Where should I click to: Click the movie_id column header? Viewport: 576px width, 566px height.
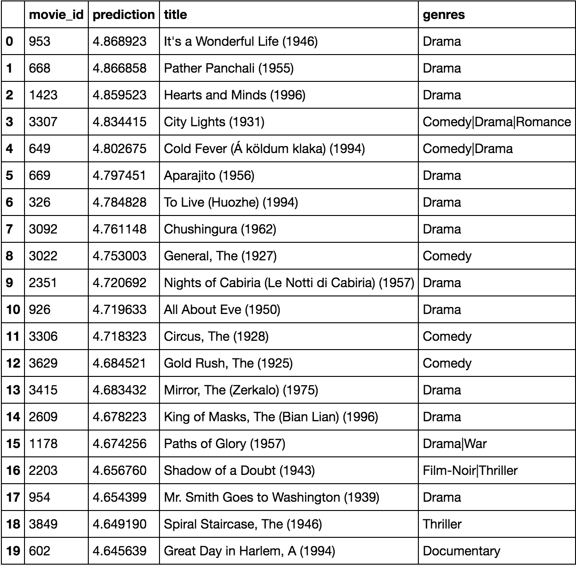point(56,14)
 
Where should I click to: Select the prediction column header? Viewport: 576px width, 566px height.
point(123,14)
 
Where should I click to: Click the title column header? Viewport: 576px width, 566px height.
point(176,14)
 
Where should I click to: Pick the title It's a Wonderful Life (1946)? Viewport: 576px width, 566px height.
point(240,42)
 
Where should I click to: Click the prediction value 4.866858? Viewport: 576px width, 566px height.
point(120,68)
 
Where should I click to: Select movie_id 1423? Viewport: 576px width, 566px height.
point(43,95)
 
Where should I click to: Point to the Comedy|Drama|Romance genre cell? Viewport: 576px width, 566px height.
point(496,122)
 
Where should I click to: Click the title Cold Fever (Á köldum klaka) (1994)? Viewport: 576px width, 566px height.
point(264,149)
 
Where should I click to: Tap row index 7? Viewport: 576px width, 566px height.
point(10,229)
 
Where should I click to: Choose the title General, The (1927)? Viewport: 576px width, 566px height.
point(220,256)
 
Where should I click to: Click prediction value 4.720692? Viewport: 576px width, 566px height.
point(120,283)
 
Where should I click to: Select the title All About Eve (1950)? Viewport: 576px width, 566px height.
point(222,310)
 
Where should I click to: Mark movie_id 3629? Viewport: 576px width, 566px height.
point(43,363)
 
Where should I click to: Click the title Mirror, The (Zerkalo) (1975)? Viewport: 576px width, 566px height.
point(241,390)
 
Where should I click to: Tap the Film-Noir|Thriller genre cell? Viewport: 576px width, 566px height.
point(470,471)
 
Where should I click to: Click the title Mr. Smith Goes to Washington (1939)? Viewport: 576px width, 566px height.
point(271,498)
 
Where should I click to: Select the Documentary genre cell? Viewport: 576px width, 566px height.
point(461,551)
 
